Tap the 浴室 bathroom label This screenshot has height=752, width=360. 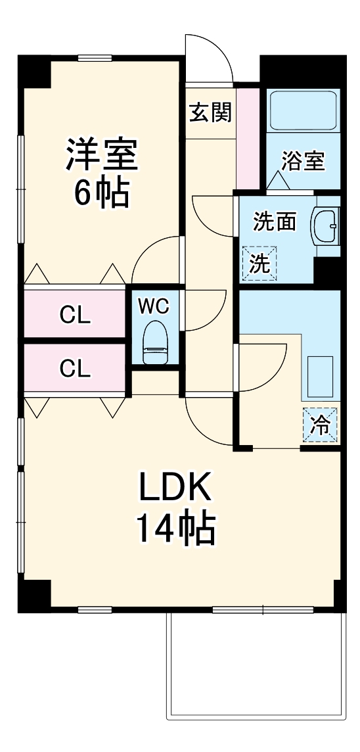point(304,161)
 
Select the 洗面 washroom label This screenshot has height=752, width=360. point(275,222)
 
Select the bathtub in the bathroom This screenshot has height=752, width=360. point(304,111)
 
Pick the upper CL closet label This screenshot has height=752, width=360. point(75,316)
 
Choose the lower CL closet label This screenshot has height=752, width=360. point(75,368)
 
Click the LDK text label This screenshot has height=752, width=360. point(175,489)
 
